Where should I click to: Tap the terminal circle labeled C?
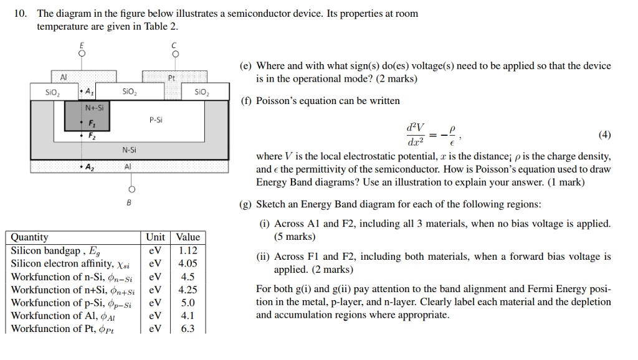[175, 54]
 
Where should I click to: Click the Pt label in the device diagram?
[172, 78]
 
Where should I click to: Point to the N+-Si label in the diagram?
[94, 107]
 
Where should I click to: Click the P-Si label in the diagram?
[156, 118]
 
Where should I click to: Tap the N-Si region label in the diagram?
[129, 149]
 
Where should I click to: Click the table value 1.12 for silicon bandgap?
[188, 250]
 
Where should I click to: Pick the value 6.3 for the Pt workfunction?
[188, 328]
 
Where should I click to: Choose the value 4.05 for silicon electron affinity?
[188, 263]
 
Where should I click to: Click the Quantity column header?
[30, 237]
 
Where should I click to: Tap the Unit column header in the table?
[155, 237]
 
